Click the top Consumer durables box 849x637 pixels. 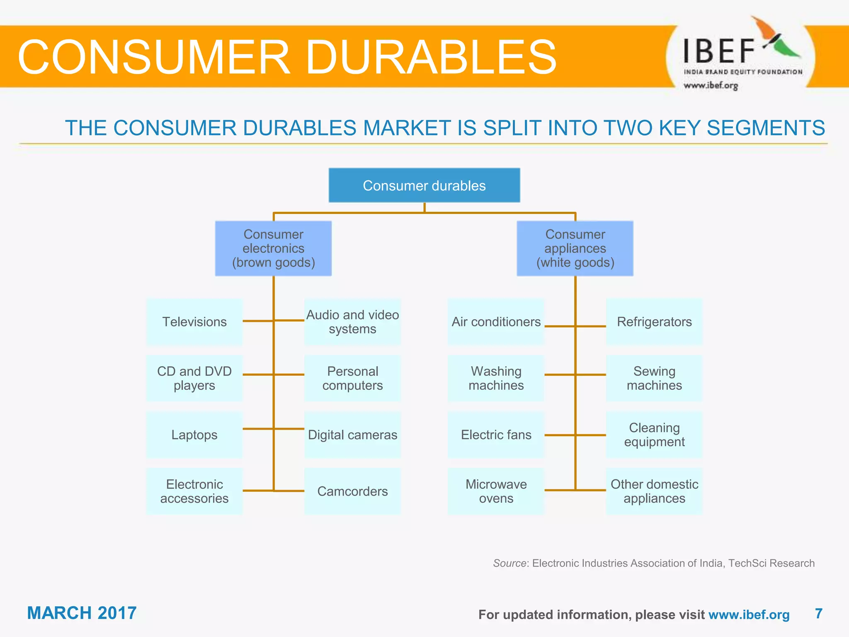424,185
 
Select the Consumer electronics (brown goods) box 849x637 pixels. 273,248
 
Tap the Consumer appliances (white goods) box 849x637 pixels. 575,248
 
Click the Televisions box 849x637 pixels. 194,322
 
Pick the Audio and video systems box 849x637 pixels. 352,322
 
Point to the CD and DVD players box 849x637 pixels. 194,378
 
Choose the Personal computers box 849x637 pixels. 352,378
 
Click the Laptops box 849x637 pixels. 194,435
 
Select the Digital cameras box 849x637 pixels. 352,435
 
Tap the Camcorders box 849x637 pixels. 352,491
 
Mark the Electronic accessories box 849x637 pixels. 194,491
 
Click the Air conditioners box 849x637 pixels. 496,322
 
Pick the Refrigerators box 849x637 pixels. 654,322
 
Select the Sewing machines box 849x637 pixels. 654,378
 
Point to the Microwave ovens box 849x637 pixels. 496,491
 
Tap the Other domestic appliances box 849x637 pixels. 654,491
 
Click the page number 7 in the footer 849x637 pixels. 818,613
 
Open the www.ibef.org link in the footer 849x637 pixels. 749,615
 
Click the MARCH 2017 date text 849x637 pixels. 82,613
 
